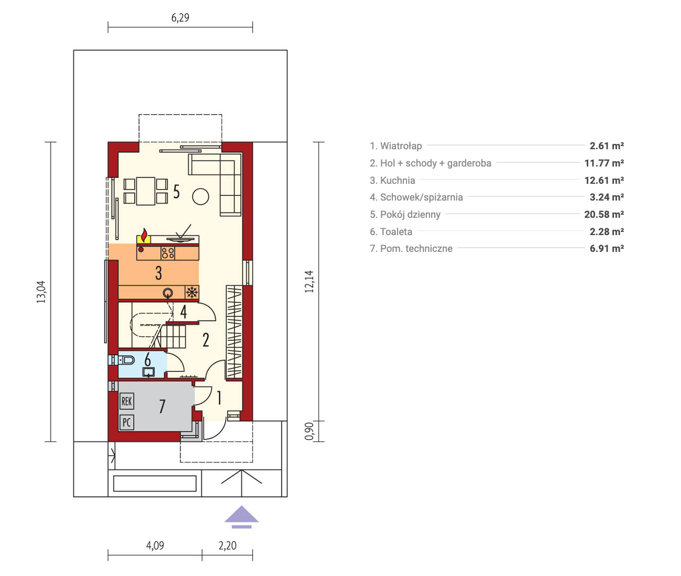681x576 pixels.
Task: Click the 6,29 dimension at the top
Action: click(x=180, y=17)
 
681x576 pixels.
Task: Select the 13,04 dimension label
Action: click(x=41, y=292)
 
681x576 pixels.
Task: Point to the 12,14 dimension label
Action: click(x=309, y=282)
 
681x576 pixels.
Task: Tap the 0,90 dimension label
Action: click(x=309, y=431)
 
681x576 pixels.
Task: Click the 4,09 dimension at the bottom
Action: click(x=155, y=546)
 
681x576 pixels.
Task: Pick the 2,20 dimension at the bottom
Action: click(x=227, y=546)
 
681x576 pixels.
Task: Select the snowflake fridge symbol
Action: click(x=192, y=292)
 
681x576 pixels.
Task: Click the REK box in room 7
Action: click(x=127, y=402)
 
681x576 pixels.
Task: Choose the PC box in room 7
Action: click(x=127, y=422)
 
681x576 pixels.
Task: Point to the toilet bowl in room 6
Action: click(x=127, y=360)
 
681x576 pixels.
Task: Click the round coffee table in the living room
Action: click(x=200, y=196)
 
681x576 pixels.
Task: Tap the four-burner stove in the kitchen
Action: click(x=168, y=253)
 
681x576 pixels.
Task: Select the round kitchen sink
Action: click(x=168, y=293)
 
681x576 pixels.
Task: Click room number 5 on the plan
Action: click(x=177, y=191)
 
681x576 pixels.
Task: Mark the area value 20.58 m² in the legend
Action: click(x=604, y=214)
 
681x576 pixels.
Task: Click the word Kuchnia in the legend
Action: click(x=397, y=181)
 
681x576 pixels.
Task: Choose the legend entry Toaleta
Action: click(x=396, y=231)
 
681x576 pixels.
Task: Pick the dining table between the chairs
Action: click(x=146, y=191)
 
